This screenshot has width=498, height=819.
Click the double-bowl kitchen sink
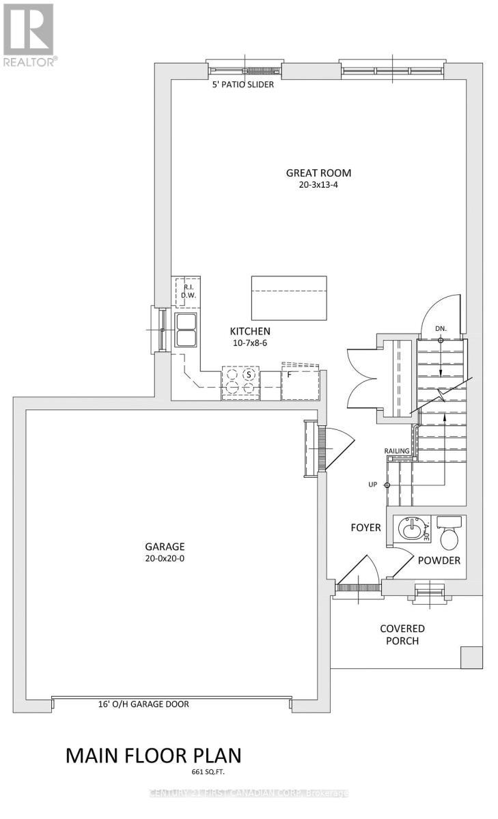186,330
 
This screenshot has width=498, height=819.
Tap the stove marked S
241,382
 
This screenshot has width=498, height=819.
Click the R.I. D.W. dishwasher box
187,291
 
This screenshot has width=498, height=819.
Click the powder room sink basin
410,530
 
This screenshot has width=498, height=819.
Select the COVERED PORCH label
402,635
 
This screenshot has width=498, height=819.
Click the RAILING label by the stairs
397,450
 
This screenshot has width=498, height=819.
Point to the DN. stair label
441,329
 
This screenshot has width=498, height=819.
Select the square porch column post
471,657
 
